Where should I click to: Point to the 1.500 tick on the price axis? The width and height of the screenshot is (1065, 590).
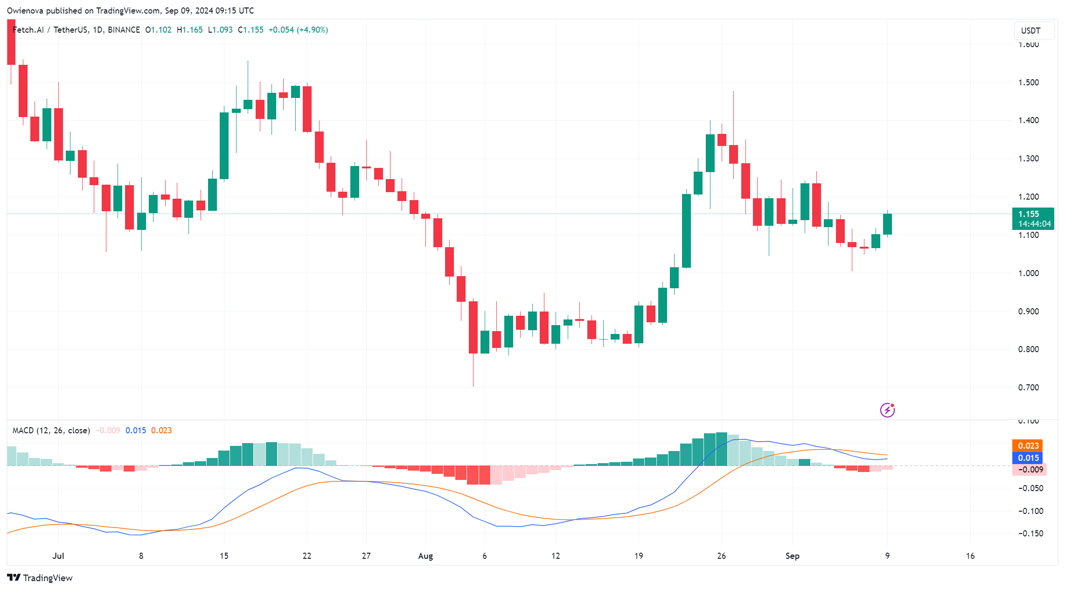tap(1028, 83)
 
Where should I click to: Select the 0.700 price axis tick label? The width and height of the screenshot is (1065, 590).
tap(1028, 388)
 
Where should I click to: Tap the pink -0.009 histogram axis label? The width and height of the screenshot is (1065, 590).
tap(1030, 470)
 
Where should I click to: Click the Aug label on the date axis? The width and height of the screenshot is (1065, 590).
tap(425, 556)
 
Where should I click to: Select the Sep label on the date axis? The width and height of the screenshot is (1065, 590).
tap(792, 556)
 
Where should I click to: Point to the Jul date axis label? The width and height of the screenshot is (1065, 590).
tap(58, 556)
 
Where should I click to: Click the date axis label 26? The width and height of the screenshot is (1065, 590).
tap(721, 556)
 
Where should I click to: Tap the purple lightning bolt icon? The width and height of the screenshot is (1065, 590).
tap(887, 410)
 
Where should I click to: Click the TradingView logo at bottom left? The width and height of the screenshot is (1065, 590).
tap(40, 578)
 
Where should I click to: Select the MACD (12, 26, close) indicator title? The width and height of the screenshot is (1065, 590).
tap(51, 430)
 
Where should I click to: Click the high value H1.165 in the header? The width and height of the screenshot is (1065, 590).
tap(189, 30)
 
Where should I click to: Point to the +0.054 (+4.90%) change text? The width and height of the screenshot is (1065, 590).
tap(298, 30)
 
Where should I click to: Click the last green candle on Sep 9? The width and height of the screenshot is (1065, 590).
tap(887, 224)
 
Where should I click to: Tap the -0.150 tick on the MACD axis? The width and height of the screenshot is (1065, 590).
tap(1030, 534)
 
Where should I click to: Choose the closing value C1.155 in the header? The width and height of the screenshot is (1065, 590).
tap(251, 30)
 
